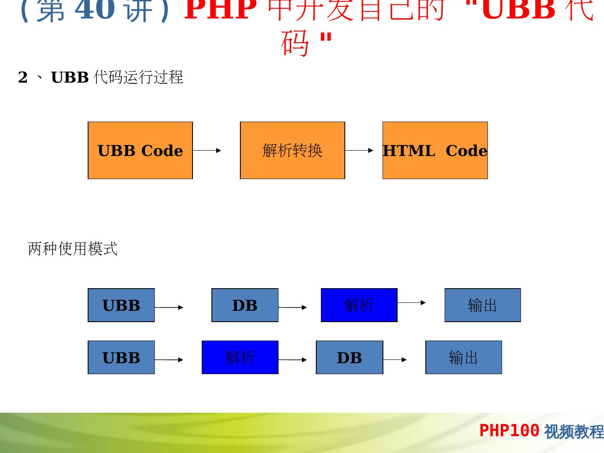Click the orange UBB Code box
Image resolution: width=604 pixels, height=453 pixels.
[x=140, y=150]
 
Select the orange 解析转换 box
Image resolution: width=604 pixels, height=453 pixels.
[x=292, y=150]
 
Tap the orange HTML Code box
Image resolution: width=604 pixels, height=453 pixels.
[x=435, y=150]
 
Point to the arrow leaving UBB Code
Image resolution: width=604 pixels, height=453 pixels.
[x=207, y=150]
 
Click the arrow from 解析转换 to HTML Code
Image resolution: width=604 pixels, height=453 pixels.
[x=359, y=150]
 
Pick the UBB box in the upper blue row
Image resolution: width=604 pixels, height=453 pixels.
[x=121, y=305]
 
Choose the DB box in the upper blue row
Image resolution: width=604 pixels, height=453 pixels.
[x=245, y=305]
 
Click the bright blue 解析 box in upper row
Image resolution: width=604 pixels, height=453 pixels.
[x=359, y=305]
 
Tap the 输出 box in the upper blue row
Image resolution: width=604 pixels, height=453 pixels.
[x=482, y=305]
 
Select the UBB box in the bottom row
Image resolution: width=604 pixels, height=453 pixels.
[x=121, y=357]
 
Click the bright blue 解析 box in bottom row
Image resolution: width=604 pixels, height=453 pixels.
[x=240, y=357]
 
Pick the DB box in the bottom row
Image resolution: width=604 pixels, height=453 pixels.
[x=349, y=357]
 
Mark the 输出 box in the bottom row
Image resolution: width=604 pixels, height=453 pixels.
[x=463, y=357]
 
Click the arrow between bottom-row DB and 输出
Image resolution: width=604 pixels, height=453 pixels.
[x=395, y=359]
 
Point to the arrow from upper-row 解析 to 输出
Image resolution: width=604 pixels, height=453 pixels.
[x=411, y=302]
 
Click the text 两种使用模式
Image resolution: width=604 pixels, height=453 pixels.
[x=73, y=249]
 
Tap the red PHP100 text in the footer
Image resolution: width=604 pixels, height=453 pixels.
[x=509, y=430]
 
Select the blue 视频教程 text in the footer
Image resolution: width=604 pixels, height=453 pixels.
[x=574, y=431]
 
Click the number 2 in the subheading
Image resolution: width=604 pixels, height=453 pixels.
[x=23, y=78]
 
